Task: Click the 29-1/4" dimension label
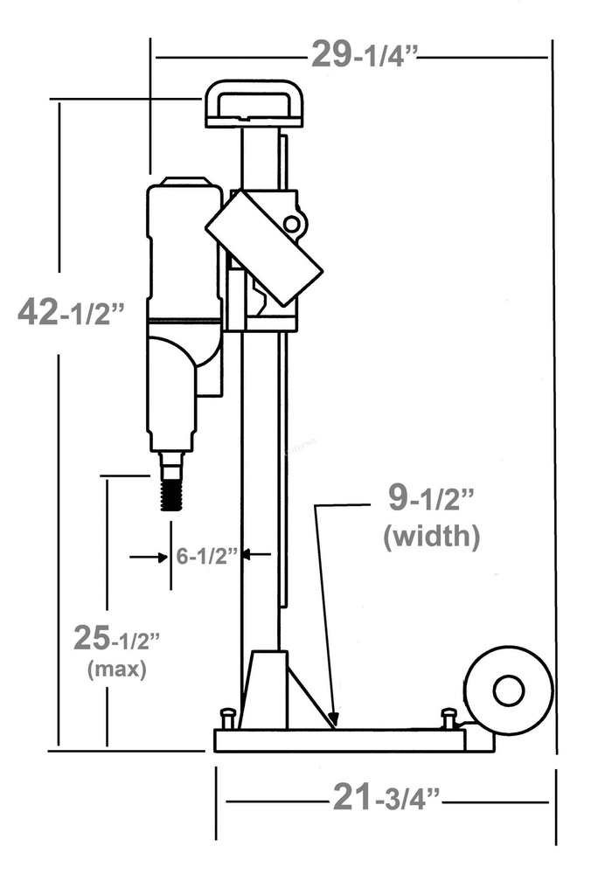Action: pos(365,56)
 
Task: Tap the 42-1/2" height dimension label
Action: pos(72,312)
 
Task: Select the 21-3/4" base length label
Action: pos(386,797)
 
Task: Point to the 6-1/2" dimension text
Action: pos(207,556)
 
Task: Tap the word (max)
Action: pos(116,670)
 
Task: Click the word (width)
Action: pos(432,537)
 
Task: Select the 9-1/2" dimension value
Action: pos(431,500)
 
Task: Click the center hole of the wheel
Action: pos(508,691)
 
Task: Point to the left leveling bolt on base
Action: pos(227,718)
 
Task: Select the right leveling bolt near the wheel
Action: pos(449,718)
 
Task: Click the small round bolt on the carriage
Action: pos(291,225)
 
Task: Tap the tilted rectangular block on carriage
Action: pos(264,247)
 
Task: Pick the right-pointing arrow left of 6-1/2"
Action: pos(159,556)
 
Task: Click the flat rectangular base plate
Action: pos(341,740)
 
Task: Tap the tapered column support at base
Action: pos(265,690)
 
